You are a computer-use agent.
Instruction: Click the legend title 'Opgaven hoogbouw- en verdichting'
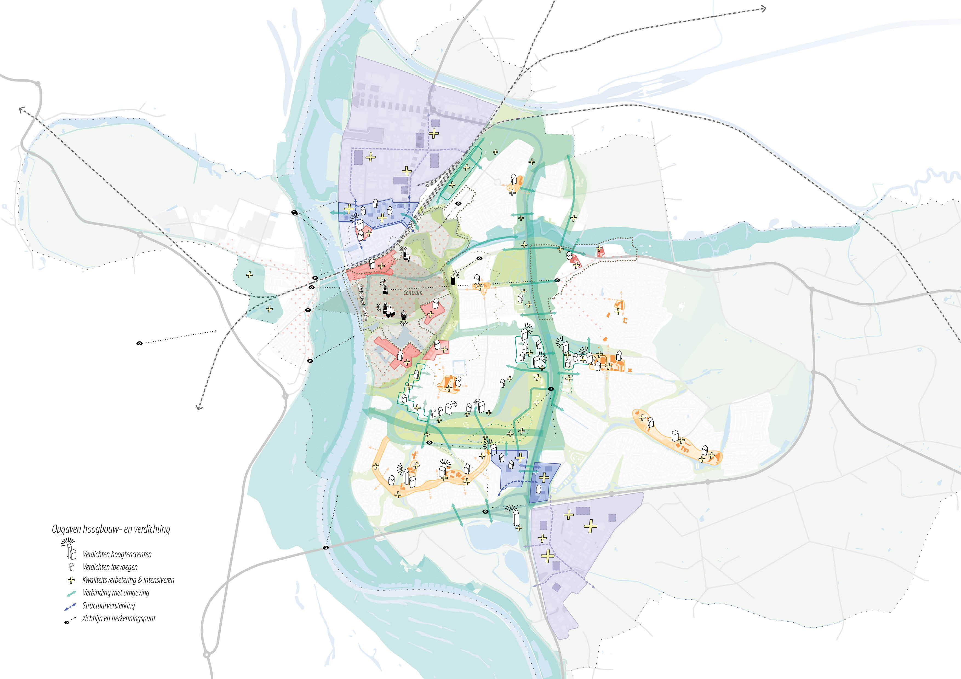(111, 529)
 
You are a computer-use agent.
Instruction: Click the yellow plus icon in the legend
(71, 580)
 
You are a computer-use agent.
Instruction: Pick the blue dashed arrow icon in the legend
(70, 606)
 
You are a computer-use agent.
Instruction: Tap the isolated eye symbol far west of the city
(140, 343)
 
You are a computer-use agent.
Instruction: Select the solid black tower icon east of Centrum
(453, 280)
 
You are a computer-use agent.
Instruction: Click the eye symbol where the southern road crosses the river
(326, 548)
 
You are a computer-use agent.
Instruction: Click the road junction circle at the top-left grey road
(38, 84)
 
